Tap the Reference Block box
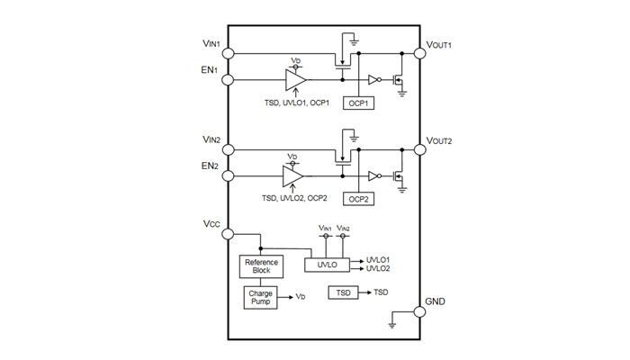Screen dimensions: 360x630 [x=259, y=267]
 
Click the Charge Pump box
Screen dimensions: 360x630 [x=259, y=297]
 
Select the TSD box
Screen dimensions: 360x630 [x=343, y=293]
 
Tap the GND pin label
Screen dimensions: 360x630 [x=436, y=301]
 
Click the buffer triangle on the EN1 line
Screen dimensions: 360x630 [x=293, y=80]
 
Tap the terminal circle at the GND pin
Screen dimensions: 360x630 [x=418, y=311]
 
